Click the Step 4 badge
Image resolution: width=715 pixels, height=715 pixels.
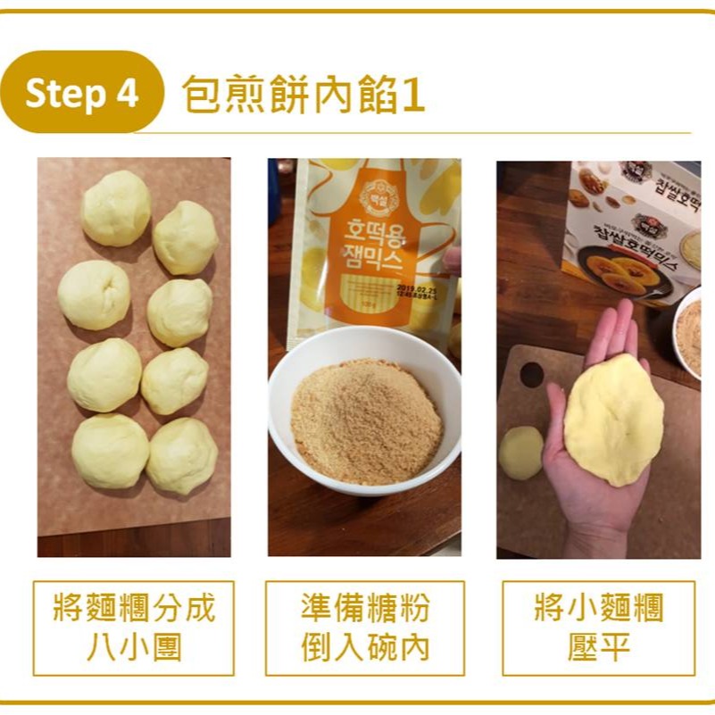tap(82, 93)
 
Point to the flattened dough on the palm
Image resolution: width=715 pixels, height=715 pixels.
tap(613, 418)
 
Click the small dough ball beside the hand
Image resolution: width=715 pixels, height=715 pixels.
tap(520, 452)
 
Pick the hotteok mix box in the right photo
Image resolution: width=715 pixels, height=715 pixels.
tap(634, 228)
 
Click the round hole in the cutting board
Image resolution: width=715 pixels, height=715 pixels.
tap(532, 374)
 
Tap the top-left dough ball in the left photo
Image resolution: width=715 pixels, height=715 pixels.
tap(116, 209)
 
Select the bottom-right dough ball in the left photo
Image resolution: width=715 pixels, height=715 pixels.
tap(182, 455)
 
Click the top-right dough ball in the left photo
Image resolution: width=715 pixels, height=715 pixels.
tap(186, 237)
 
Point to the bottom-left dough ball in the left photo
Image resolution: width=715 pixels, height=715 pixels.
tap(111, 451)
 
